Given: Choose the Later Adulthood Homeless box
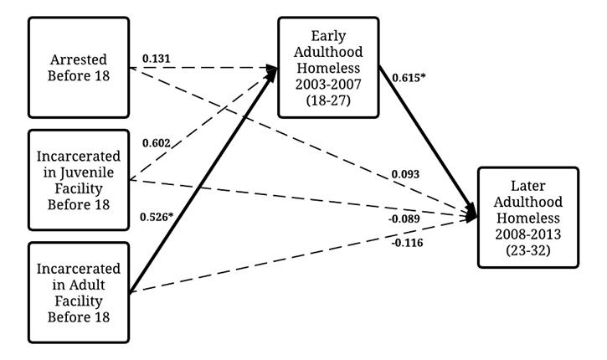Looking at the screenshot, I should [x=527, y=217].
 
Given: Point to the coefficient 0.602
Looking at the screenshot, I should [x=157, y=143].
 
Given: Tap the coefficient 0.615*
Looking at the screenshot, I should [x=409, y=78].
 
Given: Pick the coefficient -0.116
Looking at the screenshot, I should [x=406, y=243].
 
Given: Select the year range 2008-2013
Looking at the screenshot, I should [x=527, y=233].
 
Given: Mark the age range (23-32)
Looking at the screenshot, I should [x=527, y=249].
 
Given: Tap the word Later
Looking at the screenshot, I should [x=527, y=186].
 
